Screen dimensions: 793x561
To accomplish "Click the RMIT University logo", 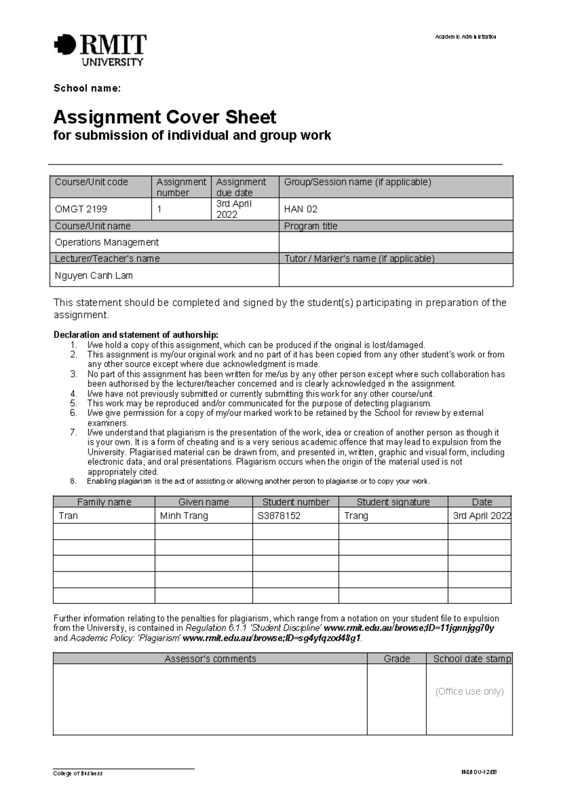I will click(100, 49).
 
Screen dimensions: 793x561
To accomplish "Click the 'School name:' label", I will click(87, 88).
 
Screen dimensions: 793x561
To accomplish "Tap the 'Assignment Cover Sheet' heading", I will click(165, 117).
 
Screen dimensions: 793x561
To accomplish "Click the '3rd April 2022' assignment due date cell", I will click(234, 209).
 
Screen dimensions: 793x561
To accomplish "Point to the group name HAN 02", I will click(301, 209).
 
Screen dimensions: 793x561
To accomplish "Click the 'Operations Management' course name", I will click(107, 242).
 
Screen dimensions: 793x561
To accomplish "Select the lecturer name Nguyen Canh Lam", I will click(93, 275).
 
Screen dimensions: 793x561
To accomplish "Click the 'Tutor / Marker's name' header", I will click(359, 259).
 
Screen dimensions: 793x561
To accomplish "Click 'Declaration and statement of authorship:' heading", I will click(136, 335).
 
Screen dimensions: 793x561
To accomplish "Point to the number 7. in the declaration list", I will click(73, 433).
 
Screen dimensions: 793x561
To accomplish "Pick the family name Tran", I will click(68, 516).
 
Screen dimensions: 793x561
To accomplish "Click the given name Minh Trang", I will click(184, 516).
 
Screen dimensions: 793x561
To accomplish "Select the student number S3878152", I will click(279, 516).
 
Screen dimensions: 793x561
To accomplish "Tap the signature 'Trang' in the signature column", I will click(356, 516).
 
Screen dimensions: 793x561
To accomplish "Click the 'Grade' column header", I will click(396, 659).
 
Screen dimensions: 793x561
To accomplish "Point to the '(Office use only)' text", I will click(469, 692).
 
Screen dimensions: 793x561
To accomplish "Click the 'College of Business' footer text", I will click(78, 773).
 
